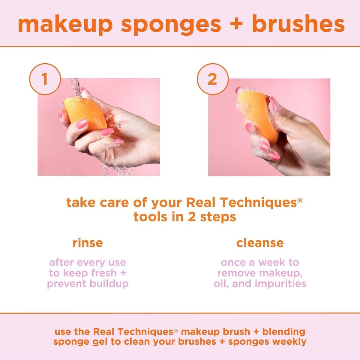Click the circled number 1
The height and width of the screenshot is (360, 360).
(45, 79)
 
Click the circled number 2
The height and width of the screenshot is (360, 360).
(212, 79)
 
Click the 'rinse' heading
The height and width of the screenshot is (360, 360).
(88, 243)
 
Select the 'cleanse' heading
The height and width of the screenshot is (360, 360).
(260, 243)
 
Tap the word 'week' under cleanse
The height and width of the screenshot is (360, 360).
(272, 262)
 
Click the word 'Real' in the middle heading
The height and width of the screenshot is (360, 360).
(200, 202)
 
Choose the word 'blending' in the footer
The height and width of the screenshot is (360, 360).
(284, 332)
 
